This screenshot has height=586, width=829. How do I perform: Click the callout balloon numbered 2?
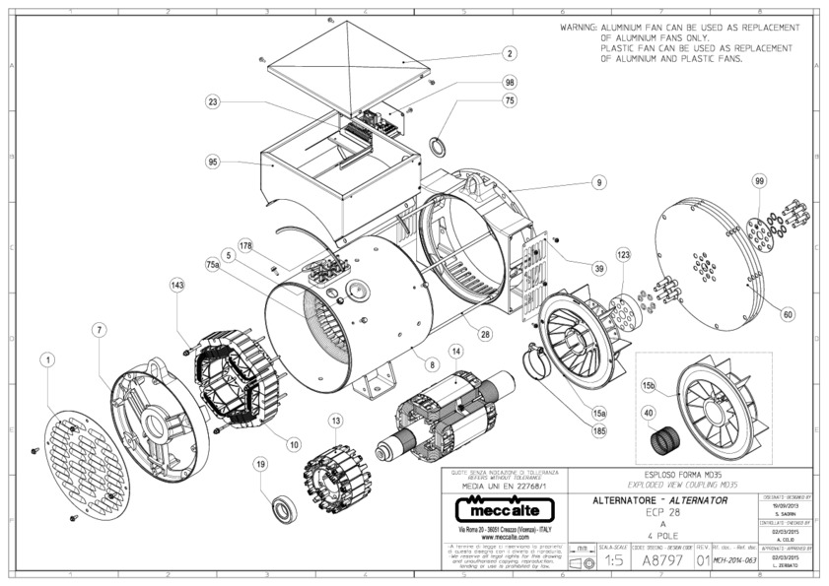tap(509, 54)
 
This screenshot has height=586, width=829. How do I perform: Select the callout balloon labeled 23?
tap(213, 100)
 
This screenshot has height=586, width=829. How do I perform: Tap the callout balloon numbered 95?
tap(213, 162)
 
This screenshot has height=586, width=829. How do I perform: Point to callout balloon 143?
tap(177, 285)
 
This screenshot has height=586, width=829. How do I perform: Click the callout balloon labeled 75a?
tap(213, 265)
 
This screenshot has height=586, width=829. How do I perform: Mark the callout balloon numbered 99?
tap(759, 181)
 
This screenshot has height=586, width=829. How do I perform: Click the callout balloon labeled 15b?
tap(649, 383)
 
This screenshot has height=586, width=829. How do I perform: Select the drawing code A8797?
tap(660, 559)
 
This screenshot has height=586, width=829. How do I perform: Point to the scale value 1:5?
tap(613, 559)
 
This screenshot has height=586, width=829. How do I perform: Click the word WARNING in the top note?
tap(578, 28)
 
